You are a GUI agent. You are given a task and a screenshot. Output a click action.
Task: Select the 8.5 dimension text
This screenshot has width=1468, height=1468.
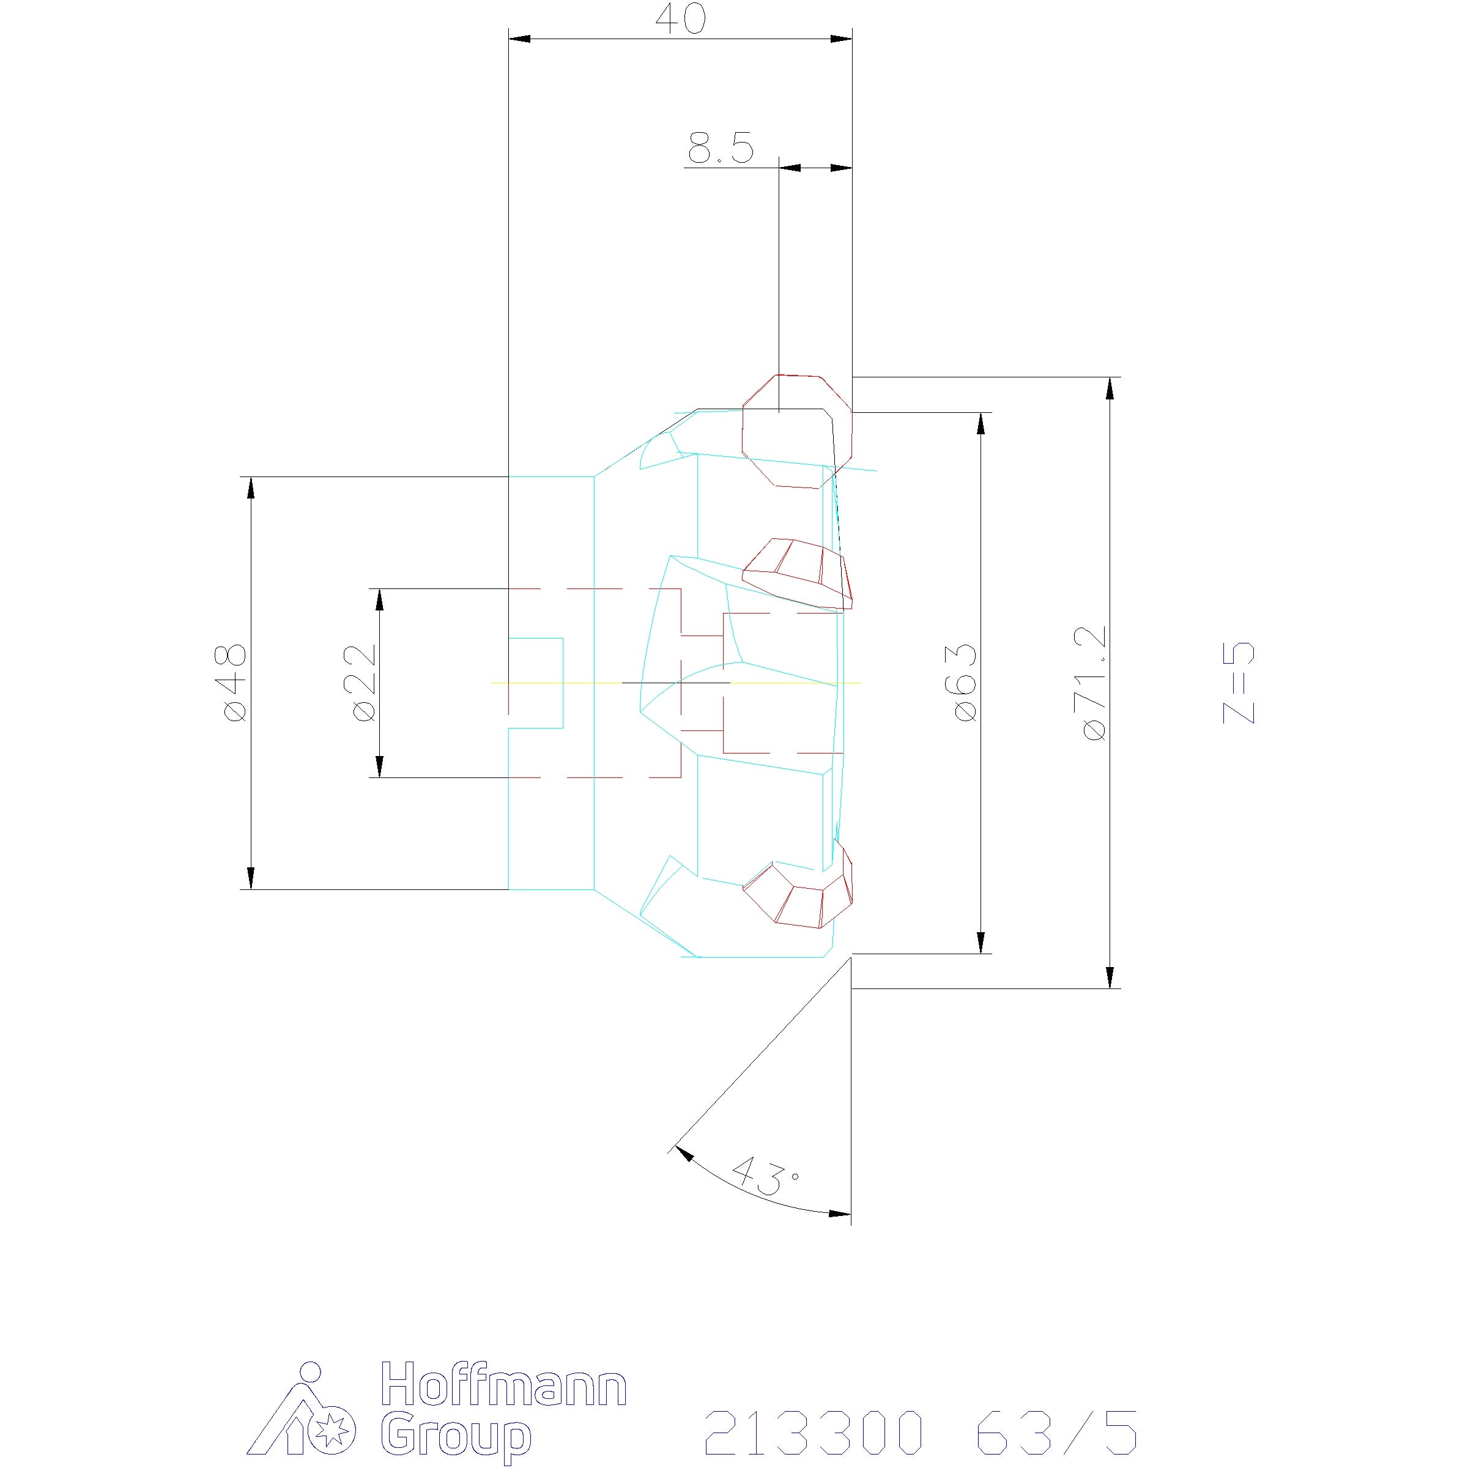pyautogui.click(x=721, y=148)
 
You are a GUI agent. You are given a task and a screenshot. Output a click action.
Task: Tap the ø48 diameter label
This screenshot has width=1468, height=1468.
pyautogui.click(x=235, y=683)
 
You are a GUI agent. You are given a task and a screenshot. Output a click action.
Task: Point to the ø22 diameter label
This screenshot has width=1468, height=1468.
pyautogui.click(x=364, y=683)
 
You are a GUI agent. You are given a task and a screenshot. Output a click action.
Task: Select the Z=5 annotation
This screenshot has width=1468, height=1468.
pyautogui.click(x=1239, y=683)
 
